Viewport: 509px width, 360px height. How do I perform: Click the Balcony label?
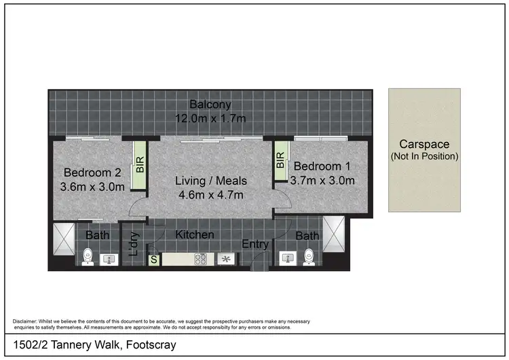pos(210,105)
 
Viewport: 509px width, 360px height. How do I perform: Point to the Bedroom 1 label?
pos(322,166)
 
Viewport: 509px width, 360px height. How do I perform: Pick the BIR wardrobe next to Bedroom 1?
pos(280,161)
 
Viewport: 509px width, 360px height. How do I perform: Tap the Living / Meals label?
pos(211,181)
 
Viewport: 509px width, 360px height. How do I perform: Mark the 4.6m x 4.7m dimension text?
pos(211,195)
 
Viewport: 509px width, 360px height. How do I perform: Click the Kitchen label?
pos(195,235)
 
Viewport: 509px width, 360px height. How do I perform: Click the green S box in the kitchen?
pos(153,259)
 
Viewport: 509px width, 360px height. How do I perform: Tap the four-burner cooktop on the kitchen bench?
pos(201,259)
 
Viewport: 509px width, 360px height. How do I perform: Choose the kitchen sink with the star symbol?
pos(227,259)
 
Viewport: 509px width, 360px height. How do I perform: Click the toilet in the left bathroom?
pos(87,257)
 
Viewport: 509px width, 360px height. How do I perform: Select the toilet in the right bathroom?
pos(309,257)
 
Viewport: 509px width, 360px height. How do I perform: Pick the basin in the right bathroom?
pos(287,258)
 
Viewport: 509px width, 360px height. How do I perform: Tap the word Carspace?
pos(424,144)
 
